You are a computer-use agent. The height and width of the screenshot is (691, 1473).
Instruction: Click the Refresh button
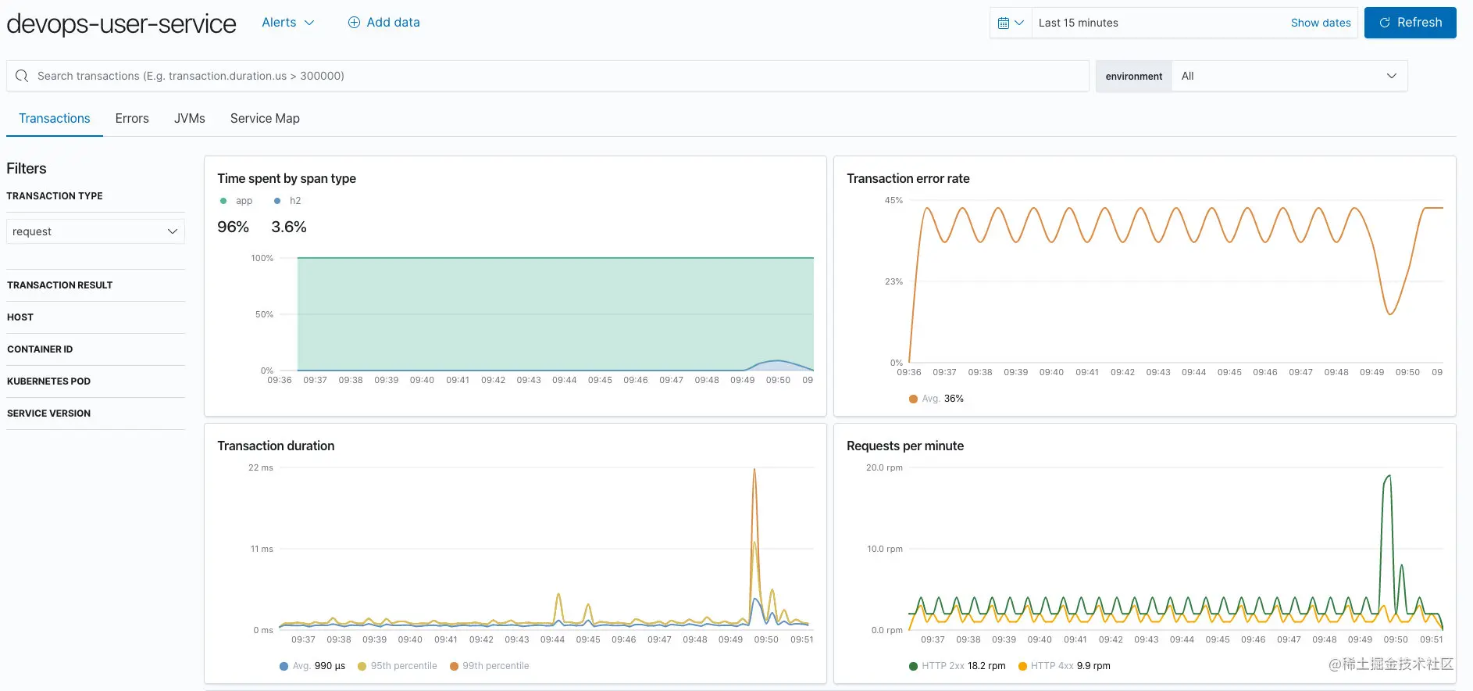pyautogui.click(x=1410, y=23)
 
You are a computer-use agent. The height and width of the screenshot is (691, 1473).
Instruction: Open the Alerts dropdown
pyautogui.click(x=287, y=23)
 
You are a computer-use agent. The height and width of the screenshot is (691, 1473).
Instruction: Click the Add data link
pyautogui.click(x=383, y=23)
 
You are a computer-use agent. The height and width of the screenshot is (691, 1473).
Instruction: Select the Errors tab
pyautogui.click(x=132, y=119)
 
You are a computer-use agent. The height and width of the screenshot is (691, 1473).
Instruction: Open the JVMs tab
pyautogui.click(x=190, y=119)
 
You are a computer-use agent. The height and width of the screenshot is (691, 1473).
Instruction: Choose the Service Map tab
pyautogui.click(x=265, y=119)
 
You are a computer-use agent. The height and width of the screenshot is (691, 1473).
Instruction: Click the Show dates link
pyautogui.click(x=1321, y=23)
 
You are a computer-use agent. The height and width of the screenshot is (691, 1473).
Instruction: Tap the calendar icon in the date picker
pyautogui.click(x=1011, y=23)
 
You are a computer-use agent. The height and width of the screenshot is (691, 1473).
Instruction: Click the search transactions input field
pyautogui.click(x=547, y=76)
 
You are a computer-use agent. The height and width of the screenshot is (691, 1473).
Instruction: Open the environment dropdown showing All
pyautogui.click(x=1289, y=76)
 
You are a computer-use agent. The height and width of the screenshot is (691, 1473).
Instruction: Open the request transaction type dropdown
pyautogui.click(x=95, y=231)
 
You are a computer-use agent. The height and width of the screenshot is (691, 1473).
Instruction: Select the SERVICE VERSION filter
pyautogui.click(x=48, y=414)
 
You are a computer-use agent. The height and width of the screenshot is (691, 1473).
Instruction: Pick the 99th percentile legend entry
pyautogui.click(x=490, y=666)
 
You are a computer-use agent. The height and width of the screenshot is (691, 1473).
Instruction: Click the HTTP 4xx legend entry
pyautogui.click(x=1064, y=666)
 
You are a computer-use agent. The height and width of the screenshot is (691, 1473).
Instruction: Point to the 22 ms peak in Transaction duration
pyautogui.click(x=754, y=469)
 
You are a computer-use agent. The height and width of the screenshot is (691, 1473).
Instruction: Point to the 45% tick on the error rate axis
pyautogui.click(x=893, y=201)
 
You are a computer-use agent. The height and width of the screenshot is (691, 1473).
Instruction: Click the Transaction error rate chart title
pyautogui.click(x=908, y=179)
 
